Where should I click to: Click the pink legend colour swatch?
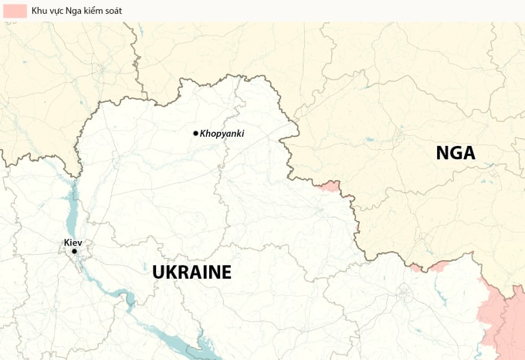[x=13, y=11]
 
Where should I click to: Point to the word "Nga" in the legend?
[x=80, y=11]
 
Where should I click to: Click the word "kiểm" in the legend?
[x=100, y=11]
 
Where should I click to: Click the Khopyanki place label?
[x=222, y=134]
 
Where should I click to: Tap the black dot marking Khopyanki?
[x=195, y=133]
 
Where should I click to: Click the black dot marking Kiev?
[x=74, y=251]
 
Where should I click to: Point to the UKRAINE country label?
[x=191, y=272]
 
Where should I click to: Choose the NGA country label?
[x=456, y=153]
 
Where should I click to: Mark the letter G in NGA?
[x=456, y=153]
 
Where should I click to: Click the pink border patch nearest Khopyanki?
[x=330, y=186]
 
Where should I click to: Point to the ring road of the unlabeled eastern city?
[x=404, y=294]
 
